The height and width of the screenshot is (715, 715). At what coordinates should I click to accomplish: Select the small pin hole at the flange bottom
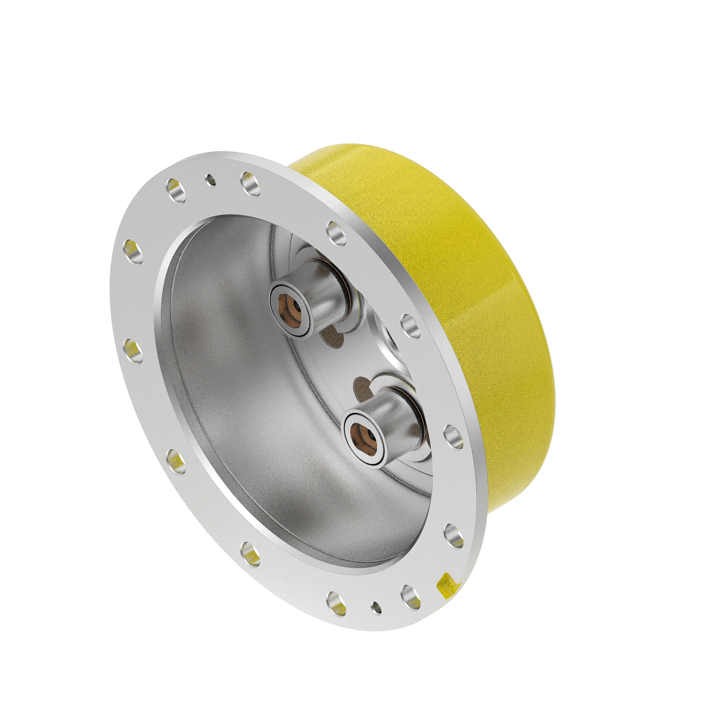point(376,608)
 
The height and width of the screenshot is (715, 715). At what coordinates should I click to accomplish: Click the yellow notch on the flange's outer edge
point(447,584)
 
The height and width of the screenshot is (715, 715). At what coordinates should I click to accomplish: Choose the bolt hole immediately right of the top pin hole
point(250,184)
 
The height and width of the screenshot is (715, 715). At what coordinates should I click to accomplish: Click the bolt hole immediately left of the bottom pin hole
point(337,603)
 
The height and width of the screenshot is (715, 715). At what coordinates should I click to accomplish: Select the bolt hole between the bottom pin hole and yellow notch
point(411,596)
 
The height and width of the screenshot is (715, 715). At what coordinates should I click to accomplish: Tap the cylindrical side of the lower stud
point(399,420)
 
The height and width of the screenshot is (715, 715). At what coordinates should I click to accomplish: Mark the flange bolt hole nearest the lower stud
point(454,436)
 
